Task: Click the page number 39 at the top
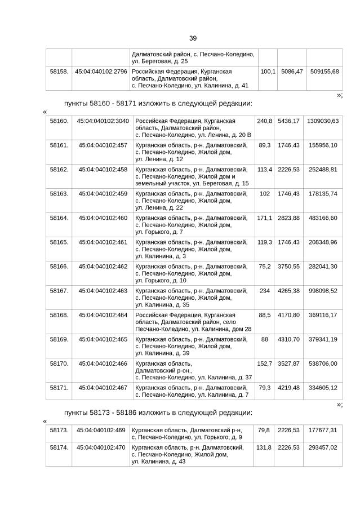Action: [x=193, y=38]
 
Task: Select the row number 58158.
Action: [x=59, y=72]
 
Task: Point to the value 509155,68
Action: [x=324, y=72]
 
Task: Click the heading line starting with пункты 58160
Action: [x=158, y=104]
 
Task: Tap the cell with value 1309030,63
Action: [x=322, y=121]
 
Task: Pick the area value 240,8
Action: [x=264, y=121]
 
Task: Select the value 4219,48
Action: [x=288, y=388]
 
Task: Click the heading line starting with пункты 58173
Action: [x=158, y=413]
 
